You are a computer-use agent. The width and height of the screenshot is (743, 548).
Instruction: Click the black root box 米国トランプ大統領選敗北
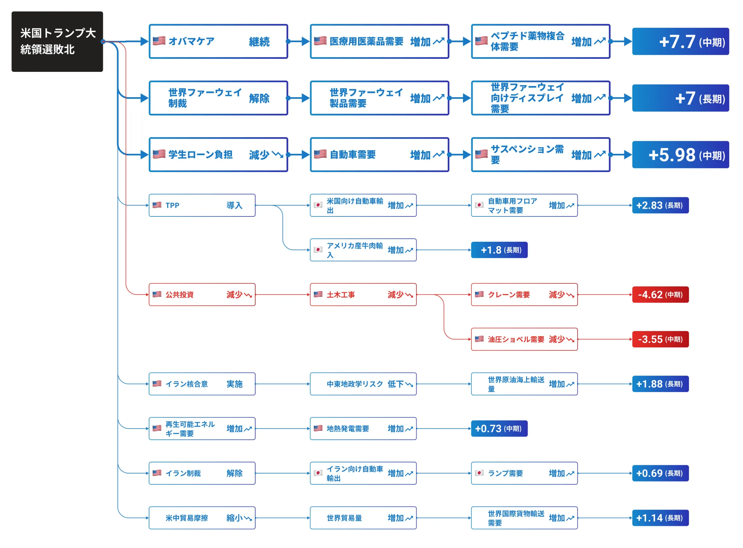point(57,41)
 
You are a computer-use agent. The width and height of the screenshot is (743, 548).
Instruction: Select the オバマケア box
point(218,41)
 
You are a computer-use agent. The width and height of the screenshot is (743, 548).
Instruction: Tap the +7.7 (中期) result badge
point(680,41)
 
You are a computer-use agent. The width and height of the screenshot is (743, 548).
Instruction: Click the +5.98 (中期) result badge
point(680,155)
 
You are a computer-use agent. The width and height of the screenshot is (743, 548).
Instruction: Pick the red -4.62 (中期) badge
point(660,294)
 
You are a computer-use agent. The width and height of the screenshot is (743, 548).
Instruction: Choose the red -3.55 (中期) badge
point(660,339)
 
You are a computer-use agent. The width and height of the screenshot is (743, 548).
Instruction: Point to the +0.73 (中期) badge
point(499,428)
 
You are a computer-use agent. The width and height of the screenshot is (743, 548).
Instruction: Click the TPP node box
point(202,205)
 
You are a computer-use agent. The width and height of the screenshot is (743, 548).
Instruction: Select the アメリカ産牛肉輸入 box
point(363,250)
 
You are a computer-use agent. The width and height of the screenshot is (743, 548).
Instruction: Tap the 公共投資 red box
point(202,294)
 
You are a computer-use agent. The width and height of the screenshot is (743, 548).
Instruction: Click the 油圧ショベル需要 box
point(524,339)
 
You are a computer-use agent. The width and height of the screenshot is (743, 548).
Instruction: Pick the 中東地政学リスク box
point(363,384)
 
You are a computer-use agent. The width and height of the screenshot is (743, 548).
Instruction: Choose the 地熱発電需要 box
point(363,428)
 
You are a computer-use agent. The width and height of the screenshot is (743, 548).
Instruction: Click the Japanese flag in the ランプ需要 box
point(479,473)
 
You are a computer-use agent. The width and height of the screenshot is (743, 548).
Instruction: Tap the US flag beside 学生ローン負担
point(159,154)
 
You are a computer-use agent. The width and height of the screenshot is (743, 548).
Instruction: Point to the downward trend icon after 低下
point(409,385)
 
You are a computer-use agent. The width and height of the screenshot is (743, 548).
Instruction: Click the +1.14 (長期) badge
point(660,518)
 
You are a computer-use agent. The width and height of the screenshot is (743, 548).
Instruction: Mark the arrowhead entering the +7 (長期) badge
point(628,98)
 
